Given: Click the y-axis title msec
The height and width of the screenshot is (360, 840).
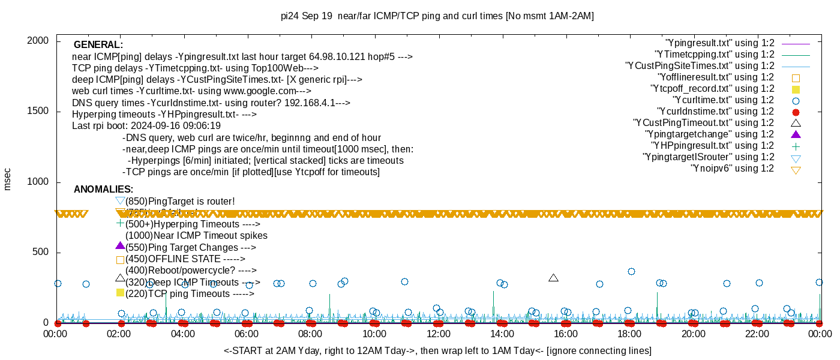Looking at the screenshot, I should tap(7, 179).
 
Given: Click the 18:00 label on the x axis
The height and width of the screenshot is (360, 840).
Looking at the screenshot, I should tap(629, 334).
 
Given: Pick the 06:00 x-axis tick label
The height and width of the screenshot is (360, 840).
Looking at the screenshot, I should tap(247, 334).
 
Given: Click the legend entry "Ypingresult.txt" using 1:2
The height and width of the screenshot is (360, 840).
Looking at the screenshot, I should tap(720, 43).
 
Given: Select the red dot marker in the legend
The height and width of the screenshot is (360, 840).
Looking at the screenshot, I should tap(796, 112).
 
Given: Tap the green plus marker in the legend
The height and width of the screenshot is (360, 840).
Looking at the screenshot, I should tap(796, 146).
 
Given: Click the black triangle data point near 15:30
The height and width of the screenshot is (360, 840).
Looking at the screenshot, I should tap(553, 278).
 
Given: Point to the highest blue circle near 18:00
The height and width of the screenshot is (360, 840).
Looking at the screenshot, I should tap(631, 271).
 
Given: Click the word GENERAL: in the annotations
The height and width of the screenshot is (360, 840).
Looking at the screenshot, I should tap(98, 45).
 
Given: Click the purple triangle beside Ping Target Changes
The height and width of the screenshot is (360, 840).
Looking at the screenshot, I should tap(120, 246).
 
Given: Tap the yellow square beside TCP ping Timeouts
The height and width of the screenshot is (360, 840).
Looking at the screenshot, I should tap(120, 293).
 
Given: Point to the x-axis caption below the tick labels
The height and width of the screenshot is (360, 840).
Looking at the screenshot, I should tap(437, 350).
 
